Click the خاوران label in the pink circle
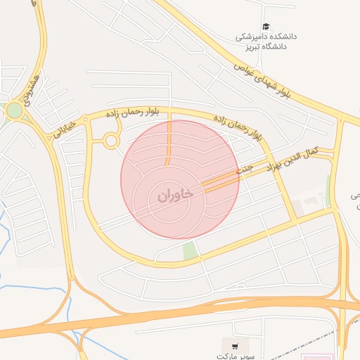pos(170,197)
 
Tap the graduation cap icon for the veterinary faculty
pos(265,26)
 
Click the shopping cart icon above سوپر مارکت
pos(235,346)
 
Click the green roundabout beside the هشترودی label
pos(13,110)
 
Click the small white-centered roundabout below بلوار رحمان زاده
pos(110,141)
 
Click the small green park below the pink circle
pos(188,250)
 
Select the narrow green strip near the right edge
pos(328,190)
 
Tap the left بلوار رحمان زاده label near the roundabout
pos(133,111)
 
